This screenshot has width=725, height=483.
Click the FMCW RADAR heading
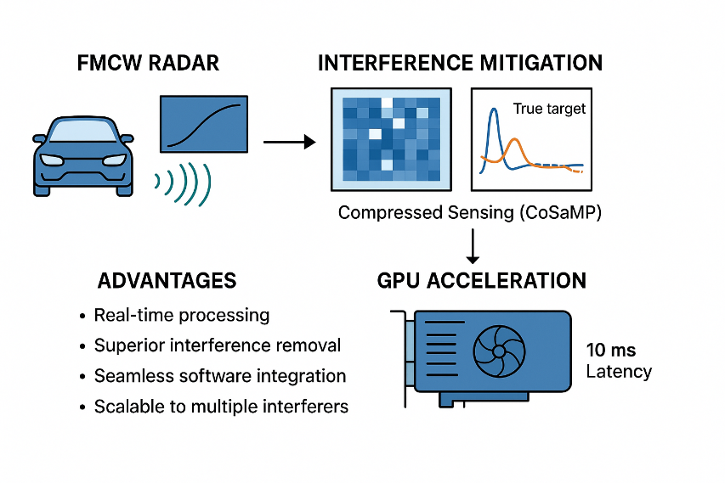pyautogui.click(x=148, y=64)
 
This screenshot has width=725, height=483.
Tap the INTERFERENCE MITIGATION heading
pyautogui.click(x=460, y=63)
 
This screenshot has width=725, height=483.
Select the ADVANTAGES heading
pyautogui.click(x=167, y=281)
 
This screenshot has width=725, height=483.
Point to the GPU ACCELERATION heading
pyautogui.click(x=481, y=281)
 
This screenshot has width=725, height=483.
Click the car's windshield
pyautogui.click(x=83, y=130)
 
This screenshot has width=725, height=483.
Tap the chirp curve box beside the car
pyautogui.click(x=204, y=124)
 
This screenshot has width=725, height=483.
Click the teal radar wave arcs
pyautogui.click(x=184, y=183)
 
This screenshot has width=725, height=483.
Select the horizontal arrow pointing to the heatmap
pyautogui.click(x=290, y=142)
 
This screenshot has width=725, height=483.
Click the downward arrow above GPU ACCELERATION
pyautogui.click(x=473, y=246)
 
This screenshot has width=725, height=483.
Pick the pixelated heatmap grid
pyautogui.click(x=391, y=139)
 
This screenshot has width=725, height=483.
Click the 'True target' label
pyautogui.click(x=549, y=109)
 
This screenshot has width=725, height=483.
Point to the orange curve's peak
pyautogui.click(x=514, y=139)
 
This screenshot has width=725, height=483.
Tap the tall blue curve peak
pyautogui.click(x=495, y=110)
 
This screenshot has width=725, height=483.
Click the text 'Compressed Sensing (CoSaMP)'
pyautogui.click(x=470, y=212)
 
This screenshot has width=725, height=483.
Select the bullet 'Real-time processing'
pyautogui.click(x=182, y=316)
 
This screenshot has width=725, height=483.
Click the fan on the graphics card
pyautogui.click(x=499, y=351)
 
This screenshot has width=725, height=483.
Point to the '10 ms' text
pyautogui.click(x=611, y=350)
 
